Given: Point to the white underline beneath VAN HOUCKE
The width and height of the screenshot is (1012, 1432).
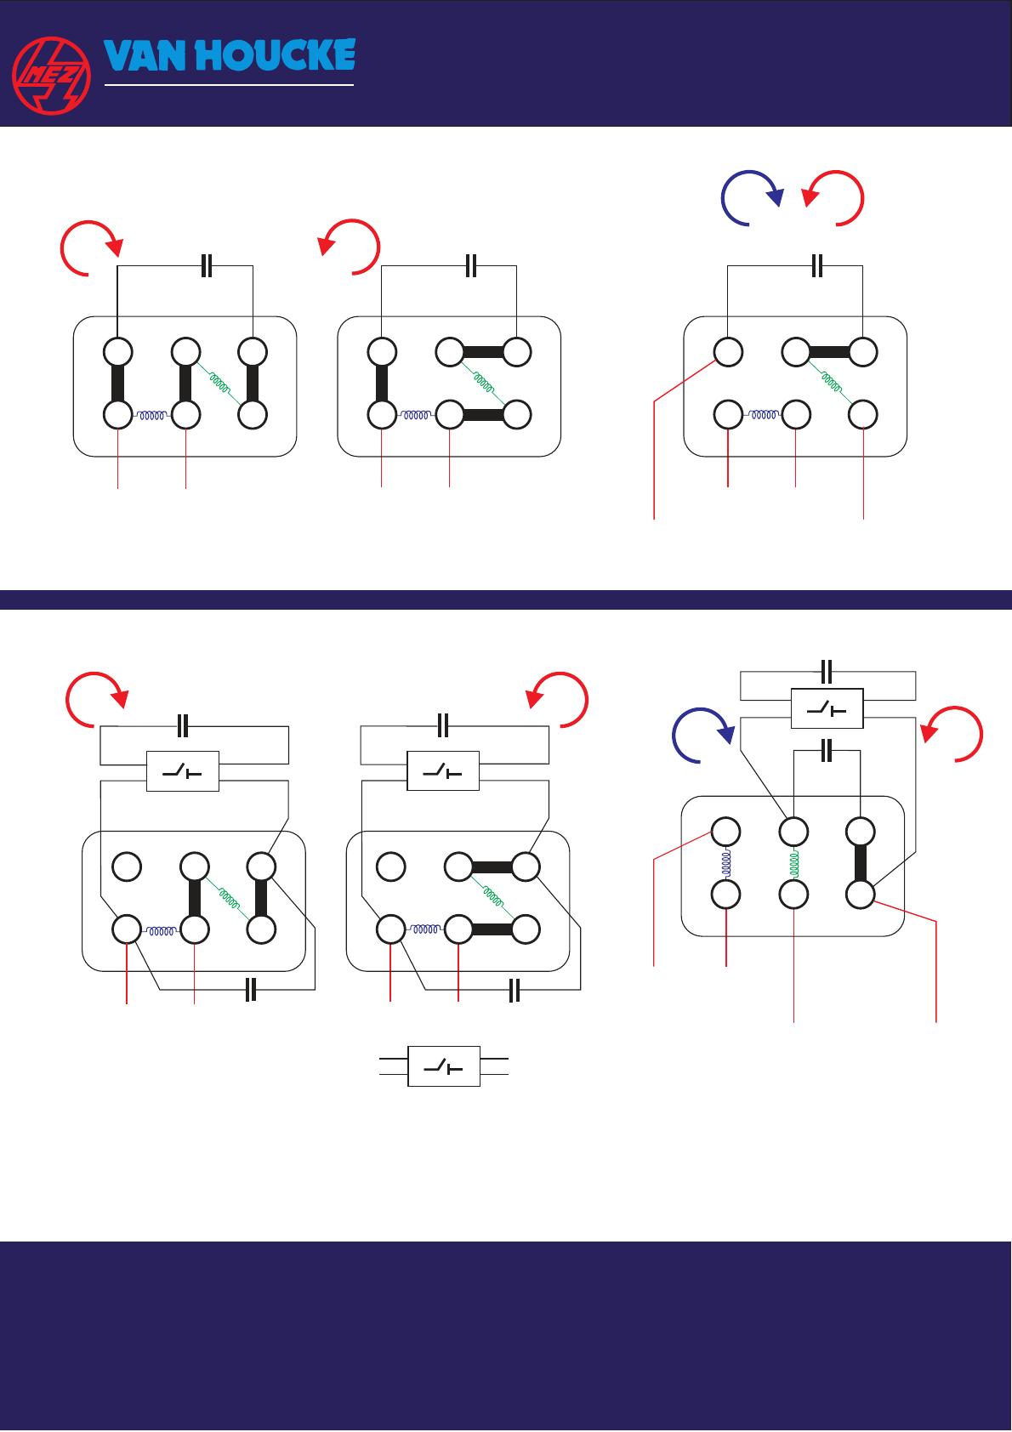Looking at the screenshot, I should click(228, 85).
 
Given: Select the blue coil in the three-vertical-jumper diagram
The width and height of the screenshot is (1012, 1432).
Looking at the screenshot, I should click(152, 416).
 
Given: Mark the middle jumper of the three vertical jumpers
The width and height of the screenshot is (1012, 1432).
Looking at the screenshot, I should click(185, 383).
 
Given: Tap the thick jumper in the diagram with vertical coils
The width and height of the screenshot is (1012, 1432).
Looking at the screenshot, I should click(861, 862).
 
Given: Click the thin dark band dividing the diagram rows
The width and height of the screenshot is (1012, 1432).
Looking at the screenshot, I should click(506, 600).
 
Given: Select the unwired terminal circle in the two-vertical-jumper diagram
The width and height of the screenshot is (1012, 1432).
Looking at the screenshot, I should click(127, 867).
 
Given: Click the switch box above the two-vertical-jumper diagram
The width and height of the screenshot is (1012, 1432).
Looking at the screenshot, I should click(182, 771).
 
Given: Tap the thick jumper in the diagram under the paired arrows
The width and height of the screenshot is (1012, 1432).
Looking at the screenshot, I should click(829, 351).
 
